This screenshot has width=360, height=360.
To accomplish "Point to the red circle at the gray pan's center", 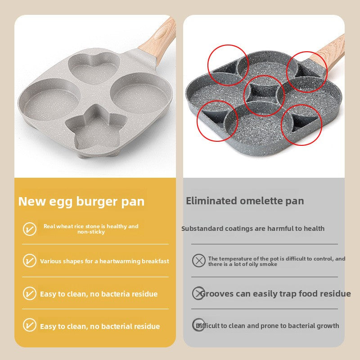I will click(x=264, y=93).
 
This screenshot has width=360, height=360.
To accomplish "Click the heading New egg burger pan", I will click(x=81, y=201).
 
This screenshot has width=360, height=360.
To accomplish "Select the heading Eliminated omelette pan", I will click(x=245, y=201).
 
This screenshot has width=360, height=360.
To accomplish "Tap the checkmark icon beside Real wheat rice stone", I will click(x=30, y=229).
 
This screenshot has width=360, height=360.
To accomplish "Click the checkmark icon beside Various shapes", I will click(x=30, y=261).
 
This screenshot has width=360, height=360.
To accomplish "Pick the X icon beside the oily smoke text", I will click(x=198, y=261).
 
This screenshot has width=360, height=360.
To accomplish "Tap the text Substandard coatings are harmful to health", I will click(x=253, y=229).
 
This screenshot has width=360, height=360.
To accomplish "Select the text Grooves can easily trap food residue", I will click(x=275, y=294).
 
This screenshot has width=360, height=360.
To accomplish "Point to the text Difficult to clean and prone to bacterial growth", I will click(x=267, y=326).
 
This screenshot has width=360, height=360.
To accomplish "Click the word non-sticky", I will click(x=91, y=232).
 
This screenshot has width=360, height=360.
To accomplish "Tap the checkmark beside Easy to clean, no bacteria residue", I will click(x=30, y=293).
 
